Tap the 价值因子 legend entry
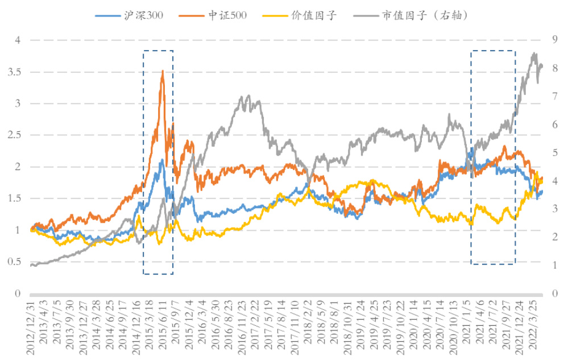(x=318, y=15)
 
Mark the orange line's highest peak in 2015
(x=163, y=71)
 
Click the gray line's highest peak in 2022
(x=534, y=53)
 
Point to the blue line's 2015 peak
(x=162, y=160)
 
